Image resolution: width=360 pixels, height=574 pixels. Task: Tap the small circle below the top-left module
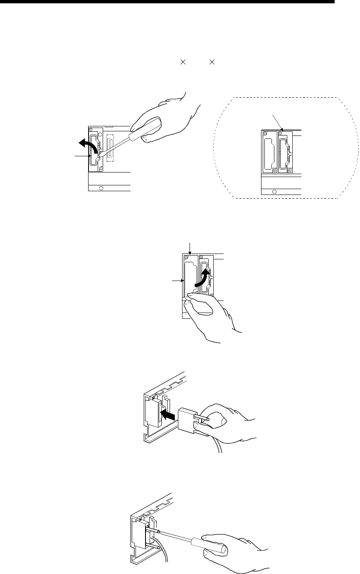(101, 188)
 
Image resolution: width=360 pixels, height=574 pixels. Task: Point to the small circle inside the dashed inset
(274, 192)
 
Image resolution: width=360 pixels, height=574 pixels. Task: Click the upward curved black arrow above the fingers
(203, 278)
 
